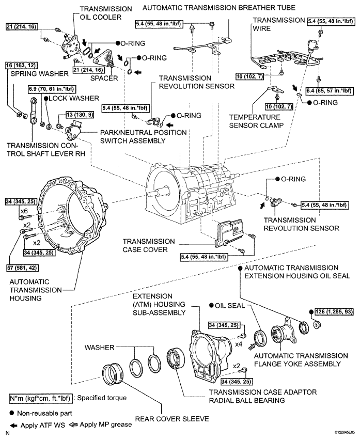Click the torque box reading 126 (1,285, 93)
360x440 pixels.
[x=331, y=312]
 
